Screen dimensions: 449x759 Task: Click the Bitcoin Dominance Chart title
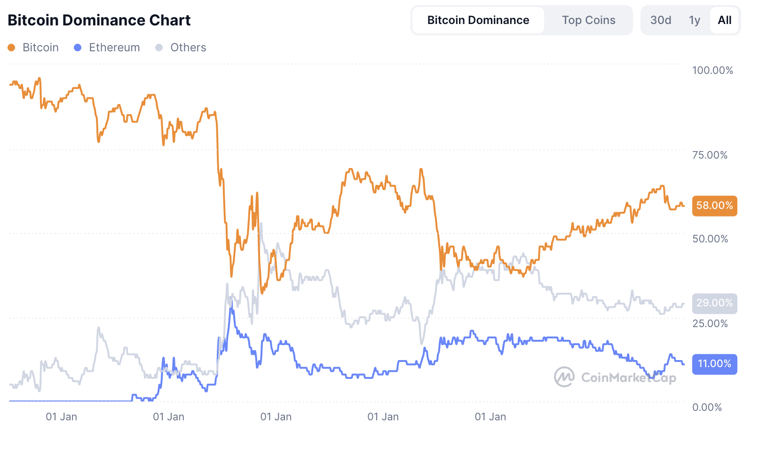click(99, 20)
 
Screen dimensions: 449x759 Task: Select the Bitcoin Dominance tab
click(478, 20)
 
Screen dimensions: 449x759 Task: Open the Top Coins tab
click(588, 20)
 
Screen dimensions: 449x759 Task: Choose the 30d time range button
click(660, 20)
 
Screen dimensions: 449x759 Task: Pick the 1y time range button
click(694, 20)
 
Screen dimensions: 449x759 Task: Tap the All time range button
click(724, 20)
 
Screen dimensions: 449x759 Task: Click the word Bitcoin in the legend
click(40, 48)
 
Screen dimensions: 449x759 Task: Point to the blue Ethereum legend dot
click(78, 48)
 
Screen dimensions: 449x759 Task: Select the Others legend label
click(188, 48)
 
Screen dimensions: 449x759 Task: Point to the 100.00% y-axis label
click(712, 71)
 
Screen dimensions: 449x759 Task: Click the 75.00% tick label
click(710, 155)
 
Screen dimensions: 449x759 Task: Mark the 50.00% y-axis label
click(710, 239)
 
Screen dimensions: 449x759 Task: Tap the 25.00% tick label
click(710, 323)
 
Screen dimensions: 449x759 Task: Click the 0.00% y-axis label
click(707, 407)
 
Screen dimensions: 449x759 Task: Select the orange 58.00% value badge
click(714, 206)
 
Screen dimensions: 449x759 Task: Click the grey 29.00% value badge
click(714, 303)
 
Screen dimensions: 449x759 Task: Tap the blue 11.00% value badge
click(714, 364)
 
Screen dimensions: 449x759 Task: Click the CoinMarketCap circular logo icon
click(564, 377)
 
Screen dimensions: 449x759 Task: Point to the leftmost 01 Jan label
click(61, 417)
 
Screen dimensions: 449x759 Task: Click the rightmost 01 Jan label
click(490, 417)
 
